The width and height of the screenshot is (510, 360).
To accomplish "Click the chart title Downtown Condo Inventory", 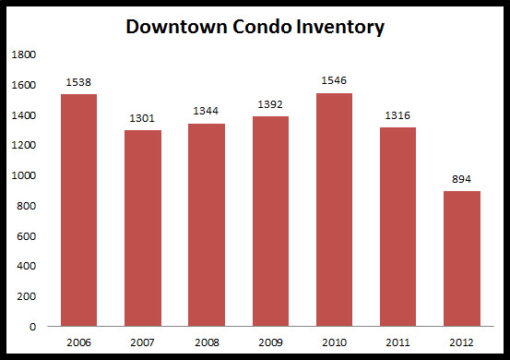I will (255, 27).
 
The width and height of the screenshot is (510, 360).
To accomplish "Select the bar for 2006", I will (78, 210).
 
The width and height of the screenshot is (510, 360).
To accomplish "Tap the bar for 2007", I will (142, 228).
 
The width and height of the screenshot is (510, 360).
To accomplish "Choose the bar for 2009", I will (269, 221).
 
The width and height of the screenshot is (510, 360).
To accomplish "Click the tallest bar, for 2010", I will (333, 210).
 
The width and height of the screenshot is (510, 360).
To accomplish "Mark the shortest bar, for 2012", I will (460, 258).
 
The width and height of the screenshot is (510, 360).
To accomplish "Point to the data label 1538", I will (78, 82).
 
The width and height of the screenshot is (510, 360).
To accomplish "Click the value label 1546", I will (333, 81).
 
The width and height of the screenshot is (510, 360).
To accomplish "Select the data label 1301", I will (142, 118).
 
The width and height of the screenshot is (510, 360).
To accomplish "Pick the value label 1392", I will (269, 104).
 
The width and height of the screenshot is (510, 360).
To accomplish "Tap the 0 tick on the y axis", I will (32, 326).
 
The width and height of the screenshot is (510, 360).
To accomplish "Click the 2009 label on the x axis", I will (269, 341).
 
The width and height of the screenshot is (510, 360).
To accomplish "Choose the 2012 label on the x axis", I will (460, 341).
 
